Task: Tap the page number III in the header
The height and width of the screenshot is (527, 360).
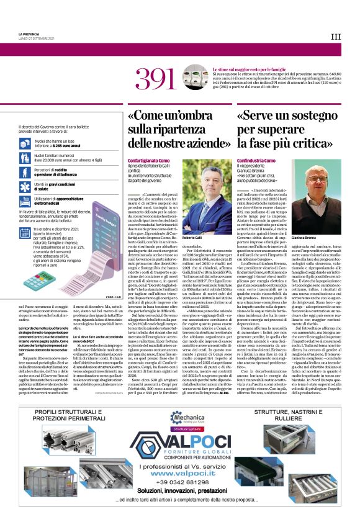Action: click(x=335, y=37)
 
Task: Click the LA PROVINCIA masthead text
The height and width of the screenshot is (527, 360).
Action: click(x=29, y=34)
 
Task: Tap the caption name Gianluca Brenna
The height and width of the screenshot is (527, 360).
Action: click(x=312, y=238)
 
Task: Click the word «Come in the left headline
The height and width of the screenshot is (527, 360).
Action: click(x=150, y=115)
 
